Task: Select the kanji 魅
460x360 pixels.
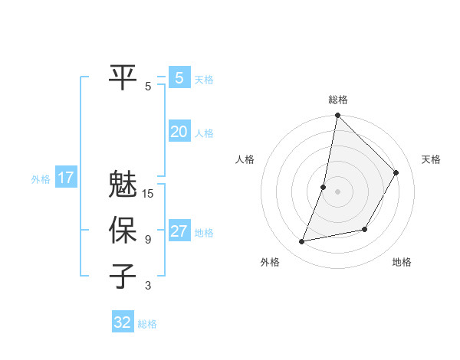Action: [123, 185]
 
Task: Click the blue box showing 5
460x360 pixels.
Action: [179, 77]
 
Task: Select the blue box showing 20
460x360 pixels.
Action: [179, 132]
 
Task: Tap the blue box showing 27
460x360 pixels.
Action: [179, 231]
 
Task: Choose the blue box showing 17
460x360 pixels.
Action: [66, 178]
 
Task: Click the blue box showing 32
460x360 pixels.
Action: [123, 322]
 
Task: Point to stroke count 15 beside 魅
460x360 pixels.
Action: [148, 195]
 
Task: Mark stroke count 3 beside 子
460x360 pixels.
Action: [148, 286]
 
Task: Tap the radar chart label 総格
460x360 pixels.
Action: [338, 100]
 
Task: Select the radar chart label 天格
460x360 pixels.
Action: [431, 159]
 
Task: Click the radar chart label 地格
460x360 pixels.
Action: [402, 262]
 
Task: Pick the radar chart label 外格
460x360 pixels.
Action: [270, 262]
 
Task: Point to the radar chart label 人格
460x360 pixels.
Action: [245, 159]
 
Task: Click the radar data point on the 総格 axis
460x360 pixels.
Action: [337, 116]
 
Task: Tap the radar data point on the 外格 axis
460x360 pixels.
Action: [302, 241]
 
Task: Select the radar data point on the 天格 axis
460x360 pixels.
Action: [396, 172]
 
